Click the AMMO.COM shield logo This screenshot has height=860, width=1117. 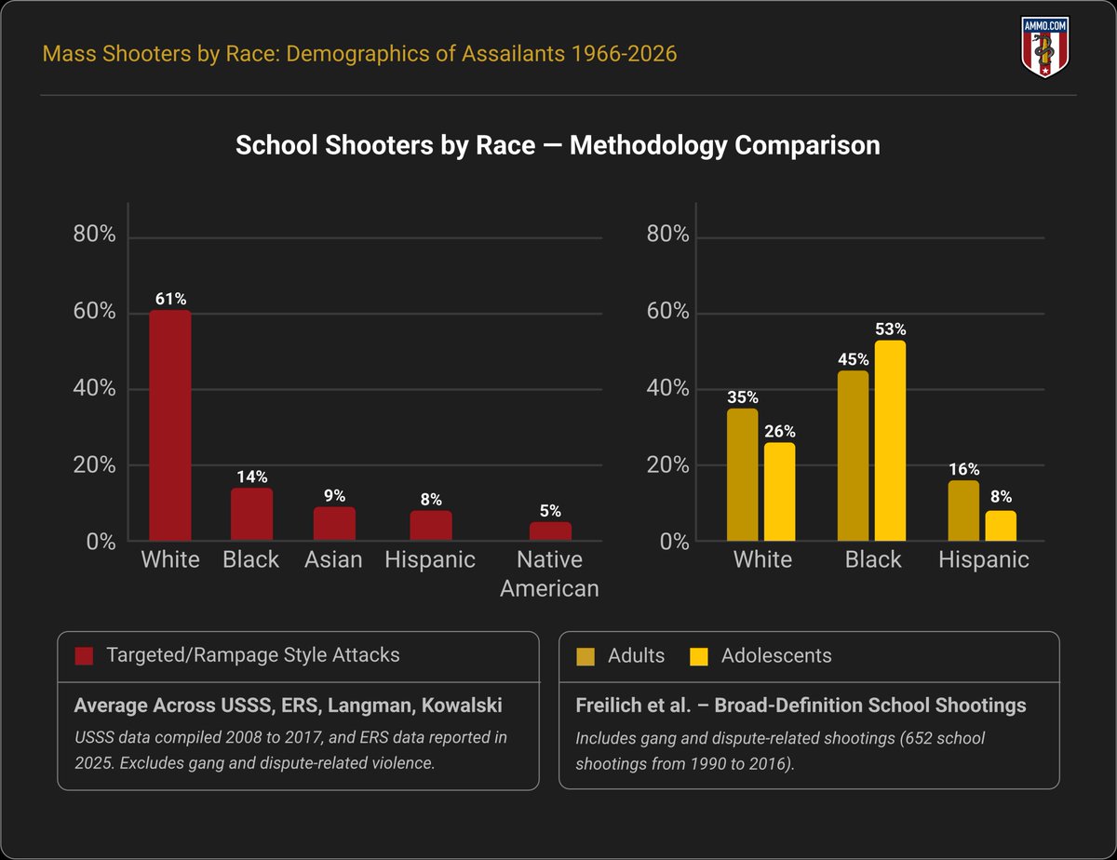pos(1044,47)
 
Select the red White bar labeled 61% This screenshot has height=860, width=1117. pos(170,425)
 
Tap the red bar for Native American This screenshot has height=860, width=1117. pos(550,531)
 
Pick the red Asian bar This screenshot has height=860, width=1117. pos(334,523)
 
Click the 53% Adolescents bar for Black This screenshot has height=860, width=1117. pos(890,440)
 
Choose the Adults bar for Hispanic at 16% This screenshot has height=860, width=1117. pos(963,511)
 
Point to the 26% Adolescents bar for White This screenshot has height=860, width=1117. pos(779,491)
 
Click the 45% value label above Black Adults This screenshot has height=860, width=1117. pos(854,359)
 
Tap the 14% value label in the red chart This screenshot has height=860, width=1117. pos(252,477)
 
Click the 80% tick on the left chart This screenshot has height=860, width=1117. pos(94,234)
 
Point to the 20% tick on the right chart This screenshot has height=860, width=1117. pos(667,465)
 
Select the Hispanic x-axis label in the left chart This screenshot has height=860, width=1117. pos(430,559)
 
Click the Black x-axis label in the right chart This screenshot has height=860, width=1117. pos(873,559)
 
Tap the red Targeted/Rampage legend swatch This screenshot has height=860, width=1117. pos(84,656)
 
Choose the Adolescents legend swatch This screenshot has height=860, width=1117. pos(698,656)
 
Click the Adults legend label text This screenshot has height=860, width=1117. pos(636,655)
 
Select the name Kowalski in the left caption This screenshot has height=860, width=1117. pos(462,705)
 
